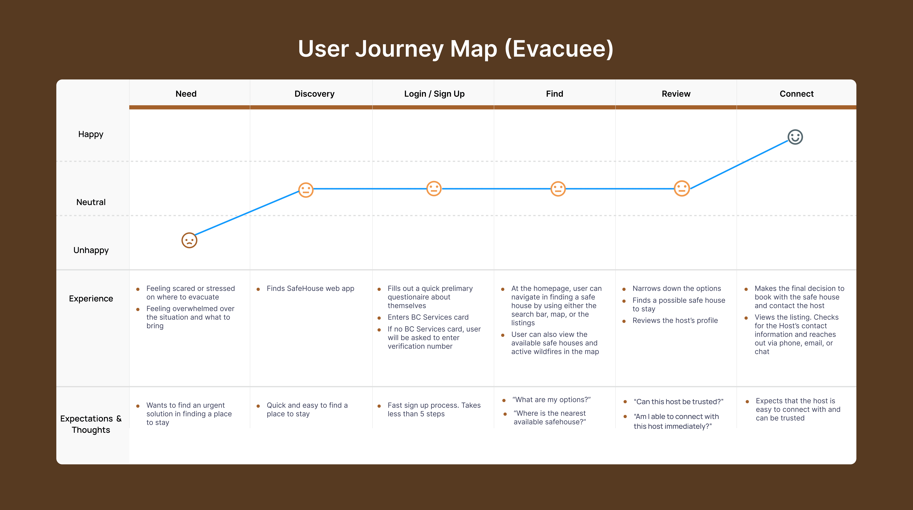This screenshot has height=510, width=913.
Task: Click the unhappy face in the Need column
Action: (x=189, y=240)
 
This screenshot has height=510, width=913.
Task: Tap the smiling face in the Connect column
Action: (x=795, y=137)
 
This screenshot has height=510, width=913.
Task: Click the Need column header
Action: (x=186, y=94)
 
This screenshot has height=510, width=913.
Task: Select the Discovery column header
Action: (x=314, y=94)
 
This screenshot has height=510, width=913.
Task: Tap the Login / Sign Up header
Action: (x=434, y=94)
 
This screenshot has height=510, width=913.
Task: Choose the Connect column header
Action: (x=796, y=94)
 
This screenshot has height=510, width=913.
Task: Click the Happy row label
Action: (x=91, y=134)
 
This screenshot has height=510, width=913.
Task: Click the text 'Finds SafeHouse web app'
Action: (x=310, y=289)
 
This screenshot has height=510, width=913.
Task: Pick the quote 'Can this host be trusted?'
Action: (x=678, y=402)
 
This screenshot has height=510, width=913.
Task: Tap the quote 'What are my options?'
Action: (x=551, y=400)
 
